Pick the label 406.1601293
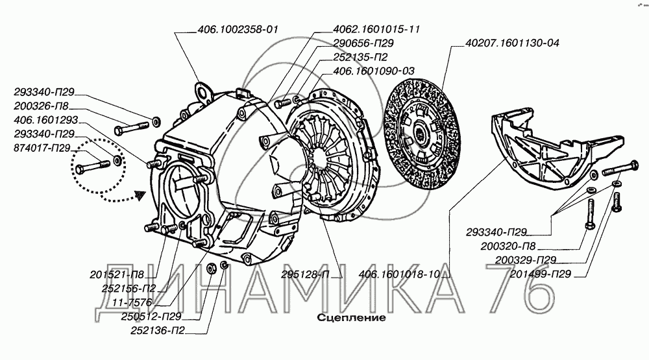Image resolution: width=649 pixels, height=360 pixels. [45, 121]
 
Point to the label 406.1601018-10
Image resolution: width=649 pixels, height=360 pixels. [400, 275]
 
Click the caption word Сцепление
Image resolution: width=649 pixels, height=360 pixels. [351, 318]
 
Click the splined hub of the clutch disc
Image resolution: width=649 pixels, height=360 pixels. [419, 134]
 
